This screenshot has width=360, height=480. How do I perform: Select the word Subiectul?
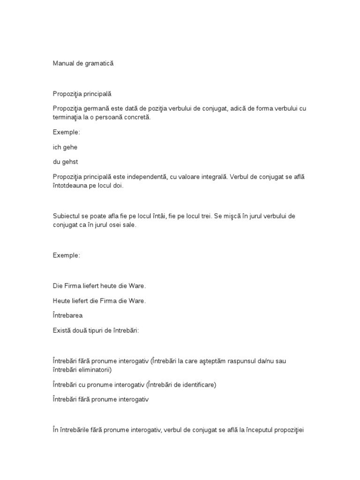tap(67, 216)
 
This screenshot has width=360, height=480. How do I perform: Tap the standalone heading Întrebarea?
tap(67, 315)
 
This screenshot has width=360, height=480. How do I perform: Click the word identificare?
tap(196, 385)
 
